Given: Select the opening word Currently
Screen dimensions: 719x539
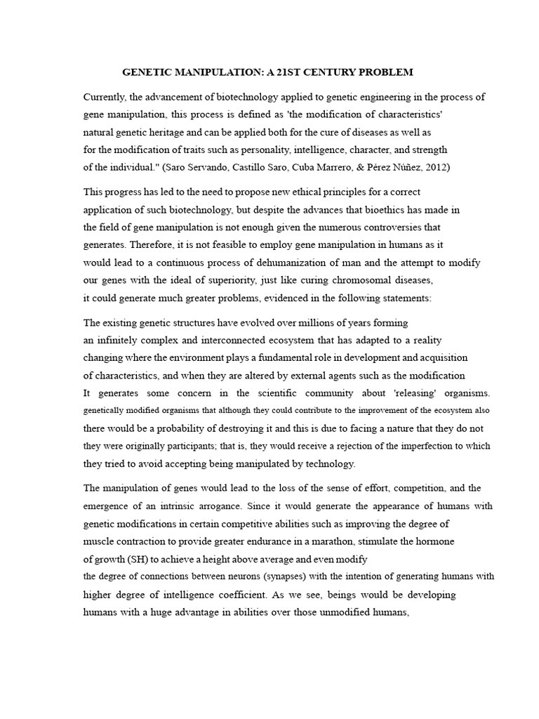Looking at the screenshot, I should click(105, 97).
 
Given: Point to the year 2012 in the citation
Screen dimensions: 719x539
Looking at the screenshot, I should click(436, 167).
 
